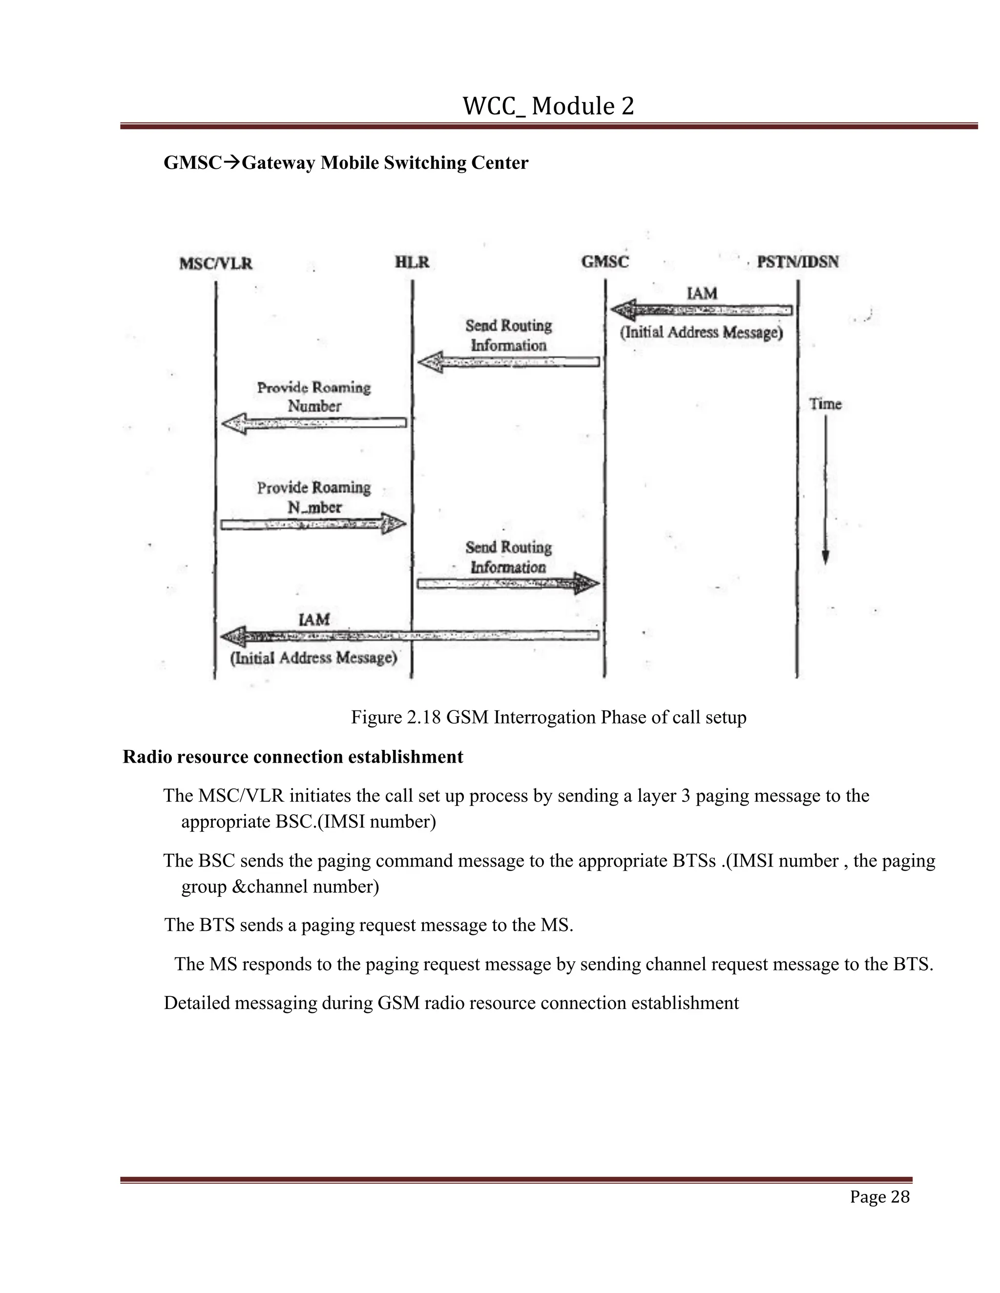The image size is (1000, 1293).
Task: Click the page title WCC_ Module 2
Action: (548, 106)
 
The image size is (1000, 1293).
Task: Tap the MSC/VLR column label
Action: (216, 263)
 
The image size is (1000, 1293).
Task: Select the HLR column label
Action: (412, 262)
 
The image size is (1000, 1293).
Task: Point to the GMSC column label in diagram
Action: (605, 262)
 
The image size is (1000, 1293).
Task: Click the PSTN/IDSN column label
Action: (797, 262)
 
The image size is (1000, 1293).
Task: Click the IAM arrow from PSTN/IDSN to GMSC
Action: (702, 310)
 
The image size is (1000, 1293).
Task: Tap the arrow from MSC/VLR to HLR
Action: (314, 524)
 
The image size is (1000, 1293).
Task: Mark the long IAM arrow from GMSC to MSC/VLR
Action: (409, 636)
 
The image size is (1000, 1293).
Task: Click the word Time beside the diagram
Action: (825, 404)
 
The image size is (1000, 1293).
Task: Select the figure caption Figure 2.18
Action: (548, 718)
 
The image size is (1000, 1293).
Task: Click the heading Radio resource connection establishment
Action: (292, 757)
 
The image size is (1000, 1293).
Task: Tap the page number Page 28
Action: (879, 1197)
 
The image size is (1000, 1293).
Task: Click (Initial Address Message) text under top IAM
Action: (702, 333)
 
